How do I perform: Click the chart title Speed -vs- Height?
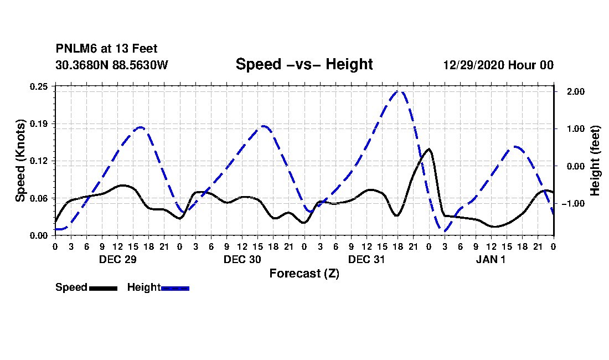coord(304,64)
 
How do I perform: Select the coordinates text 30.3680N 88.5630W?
coord(112,65)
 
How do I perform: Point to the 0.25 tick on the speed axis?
coord(39,86)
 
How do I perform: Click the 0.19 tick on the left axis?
coord(39,124)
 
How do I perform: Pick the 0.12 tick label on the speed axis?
coord(39,161)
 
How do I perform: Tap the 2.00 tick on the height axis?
coord(576,91)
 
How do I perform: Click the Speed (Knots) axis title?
coord(20,161)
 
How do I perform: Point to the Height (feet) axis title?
coord(595,161)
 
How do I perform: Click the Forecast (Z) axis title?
coord(304,274)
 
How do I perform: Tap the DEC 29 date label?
coord(118,259)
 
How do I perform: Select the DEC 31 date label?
coord(367,259)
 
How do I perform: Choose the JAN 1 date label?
coord(491,259)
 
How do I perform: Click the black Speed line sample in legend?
coord(104,288)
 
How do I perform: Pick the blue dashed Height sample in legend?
coord(175,288)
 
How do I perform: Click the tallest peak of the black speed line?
coord(429,149)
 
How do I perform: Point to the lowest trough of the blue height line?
coord(445,231)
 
